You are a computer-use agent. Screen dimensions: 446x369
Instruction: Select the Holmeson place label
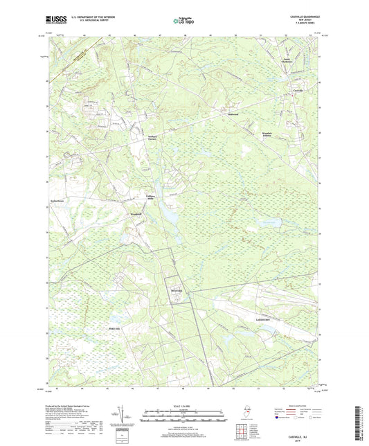pos(233,114)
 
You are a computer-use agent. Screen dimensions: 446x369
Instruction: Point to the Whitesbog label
pos(176,292)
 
